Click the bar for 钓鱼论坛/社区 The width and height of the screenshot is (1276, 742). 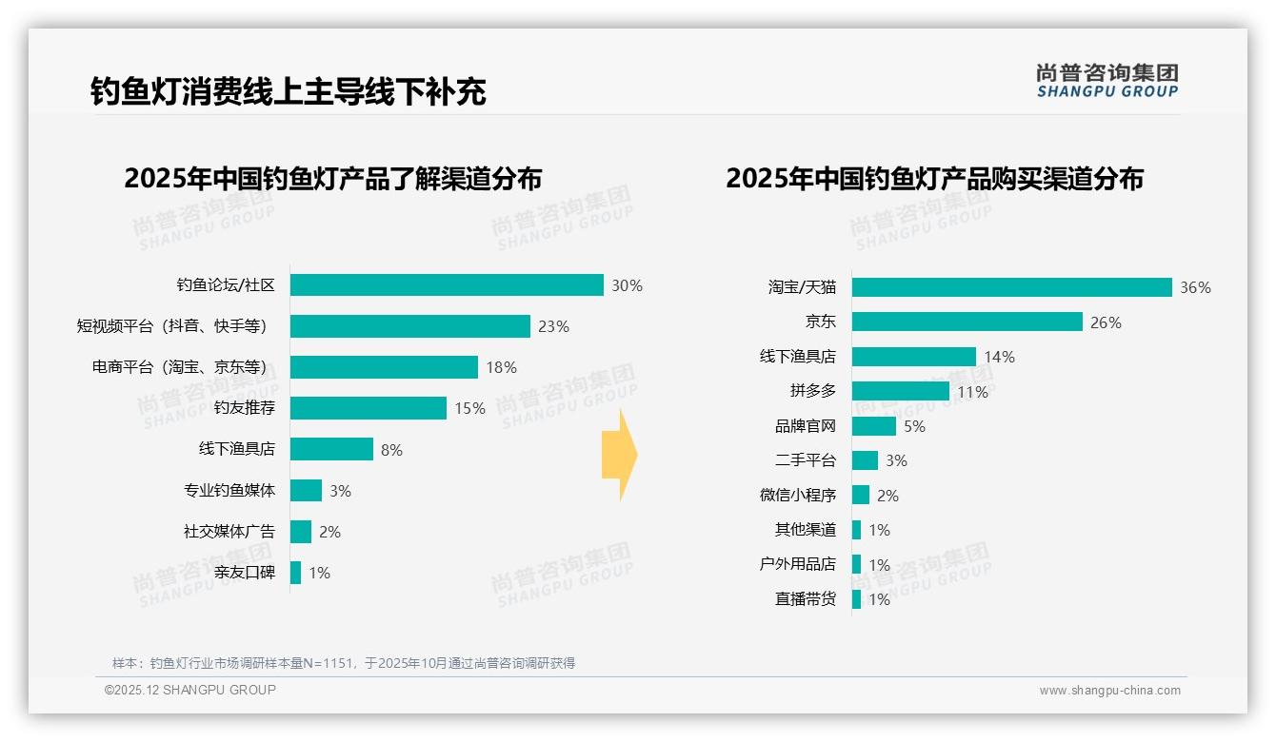click(x=447, y=285)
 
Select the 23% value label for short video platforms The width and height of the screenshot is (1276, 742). click(x=553, y=326)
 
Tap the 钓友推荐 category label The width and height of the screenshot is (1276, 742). click(x=244, y=408)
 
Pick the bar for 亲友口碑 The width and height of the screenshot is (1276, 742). click(x=296, y=573)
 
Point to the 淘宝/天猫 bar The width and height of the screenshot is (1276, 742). click(x=1011, y=287)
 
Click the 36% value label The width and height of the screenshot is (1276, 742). click(x=1195, y=287)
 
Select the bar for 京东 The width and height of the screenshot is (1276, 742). click(x=967, y=322)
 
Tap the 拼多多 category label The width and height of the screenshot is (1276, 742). click(x=812, y=391)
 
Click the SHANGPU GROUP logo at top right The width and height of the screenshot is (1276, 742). click(x=1107, y=81)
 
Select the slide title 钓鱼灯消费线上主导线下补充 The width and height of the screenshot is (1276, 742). click(x=289, y=91)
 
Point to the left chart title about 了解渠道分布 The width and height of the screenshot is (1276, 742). click(x=332, y=178)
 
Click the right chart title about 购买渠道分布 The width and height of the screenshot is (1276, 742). click(x=934, y=178)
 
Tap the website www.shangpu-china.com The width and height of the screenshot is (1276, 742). click(x=1109, y=691)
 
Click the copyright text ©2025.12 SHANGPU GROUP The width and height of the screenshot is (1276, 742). click(x=190, y=690)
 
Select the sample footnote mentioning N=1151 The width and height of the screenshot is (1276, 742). click(x=344, y=663)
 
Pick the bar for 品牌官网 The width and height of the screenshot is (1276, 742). click(x=873, y=426)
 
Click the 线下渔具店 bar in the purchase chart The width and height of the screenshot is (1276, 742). click(x=913, y=357)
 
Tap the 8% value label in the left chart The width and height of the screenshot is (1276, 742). click(x=391, y=450)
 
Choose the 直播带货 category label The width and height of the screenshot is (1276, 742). click(x=805, y=599)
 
